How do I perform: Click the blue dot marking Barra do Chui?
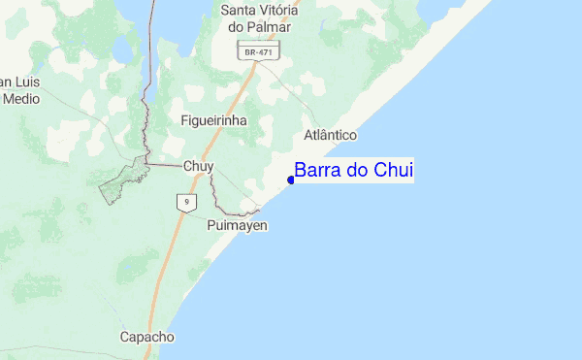pyautogui.click(x=291, y=179)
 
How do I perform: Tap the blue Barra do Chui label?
pyautogui.click(x=354, y=171)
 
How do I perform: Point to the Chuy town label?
pyautogui.click(x=198, y=166)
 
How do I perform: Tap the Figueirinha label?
pyautogui.click(x=213, y=120)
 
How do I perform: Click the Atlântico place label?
pyautogui.click(x=331, y=135)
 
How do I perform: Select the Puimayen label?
pyautogui.click(x=238, y=225)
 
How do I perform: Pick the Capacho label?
pyautogui.click(x=146, y=337)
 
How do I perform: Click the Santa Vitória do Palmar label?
pyautogui.click(x=259, y=18)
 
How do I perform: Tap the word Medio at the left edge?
pyautogui.click(x=20, y=98)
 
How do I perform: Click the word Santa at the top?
pyautogui.click(x=239, y=10)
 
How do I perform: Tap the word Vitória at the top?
pyautogui.click(x=278, y=10)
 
